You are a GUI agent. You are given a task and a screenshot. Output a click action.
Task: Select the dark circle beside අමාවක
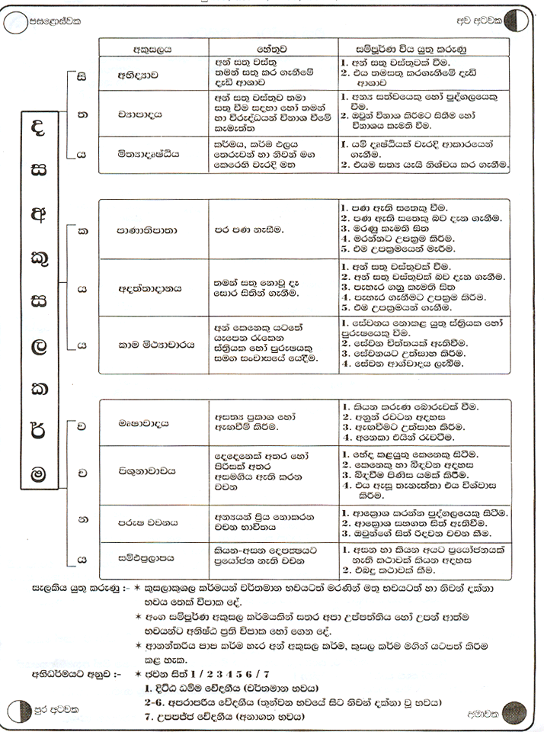click(x=514, y=712)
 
